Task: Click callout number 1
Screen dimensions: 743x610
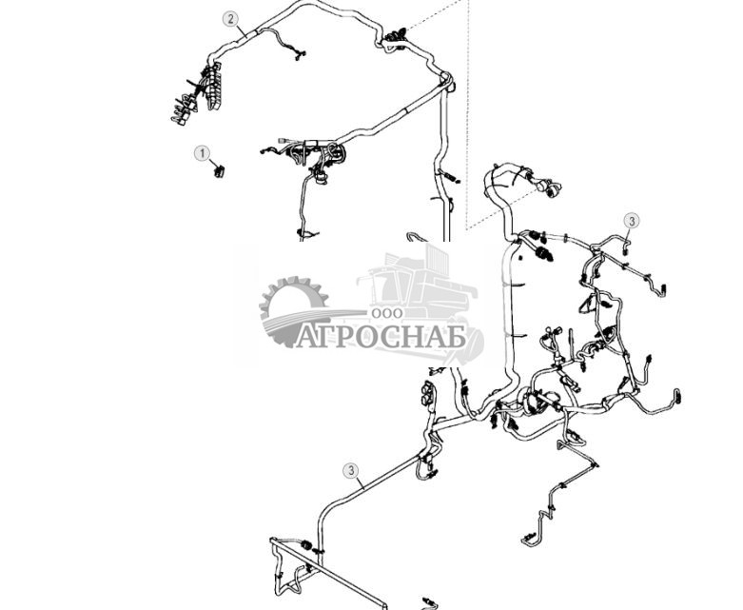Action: (x=203, y=153)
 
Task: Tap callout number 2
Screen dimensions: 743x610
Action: (x=231, y=19)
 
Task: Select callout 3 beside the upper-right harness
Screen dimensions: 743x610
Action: (x=631, y=221)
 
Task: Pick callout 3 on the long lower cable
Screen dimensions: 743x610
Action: (x=351, y=471)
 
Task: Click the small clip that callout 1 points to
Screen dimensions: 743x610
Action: (x=219, y=170)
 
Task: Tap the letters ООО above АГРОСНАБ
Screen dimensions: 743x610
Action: (x=387, y=313)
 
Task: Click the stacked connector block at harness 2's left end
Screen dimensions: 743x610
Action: (x=212, y=87)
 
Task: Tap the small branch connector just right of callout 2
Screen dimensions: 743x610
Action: (x=300, y=54)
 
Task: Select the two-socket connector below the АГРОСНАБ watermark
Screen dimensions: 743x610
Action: (x=427, y=393)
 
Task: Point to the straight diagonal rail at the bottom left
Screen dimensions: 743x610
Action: (x=329, y=574)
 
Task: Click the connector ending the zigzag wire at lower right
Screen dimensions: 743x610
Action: (x=529, y=539)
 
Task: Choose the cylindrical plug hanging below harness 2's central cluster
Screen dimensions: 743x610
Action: (x=322, y=179)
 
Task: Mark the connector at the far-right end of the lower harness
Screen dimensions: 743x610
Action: (x=677, y=396)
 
